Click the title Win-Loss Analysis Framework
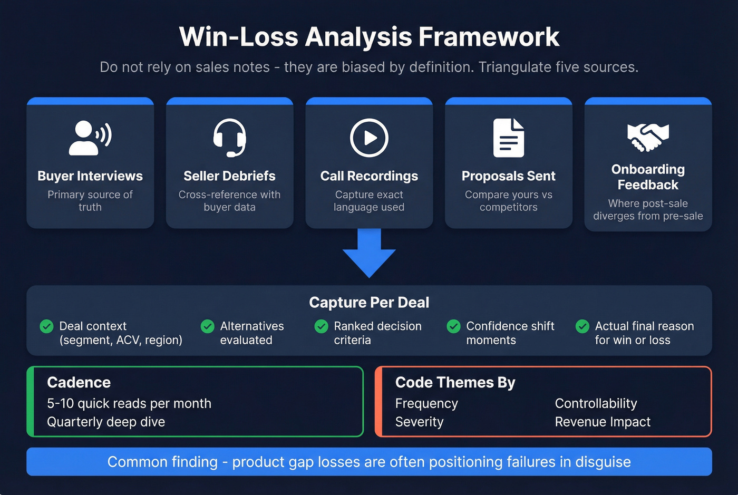click(369, 37)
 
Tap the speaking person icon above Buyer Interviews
click(90, 138)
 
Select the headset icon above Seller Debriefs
click(229, 138)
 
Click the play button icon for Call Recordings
click(369, 138)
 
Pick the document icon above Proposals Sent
click(508, 138)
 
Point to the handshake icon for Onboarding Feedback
click(648, 137)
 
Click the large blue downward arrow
click(369, 253)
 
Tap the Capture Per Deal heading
click(369, 302)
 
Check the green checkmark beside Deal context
click(46, 326)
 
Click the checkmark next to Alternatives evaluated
click(207, 326)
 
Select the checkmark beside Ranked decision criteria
click(321, 326)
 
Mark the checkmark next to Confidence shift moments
click(453, 326)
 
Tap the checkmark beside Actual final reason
click(582, 326)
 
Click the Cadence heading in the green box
click(79, 382)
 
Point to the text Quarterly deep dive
click(106, 422)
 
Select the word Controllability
click(596, 403)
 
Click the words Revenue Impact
click(603, 422)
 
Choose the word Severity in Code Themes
click(419, 422)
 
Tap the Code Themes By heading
click(455, 382)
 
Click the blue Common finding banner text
click(369, 462)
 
